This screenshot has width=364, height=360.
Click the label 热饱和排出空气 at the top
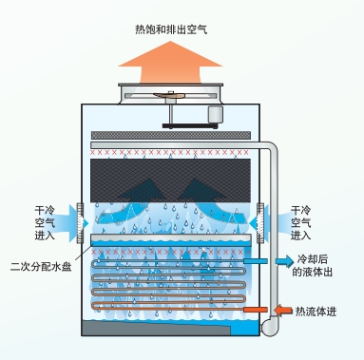pos(171,29)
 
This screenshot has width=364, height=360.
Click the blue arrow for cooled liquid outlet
pos(283,259)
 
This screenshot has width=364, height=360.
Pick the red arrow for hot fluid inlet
pos(282,310)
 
